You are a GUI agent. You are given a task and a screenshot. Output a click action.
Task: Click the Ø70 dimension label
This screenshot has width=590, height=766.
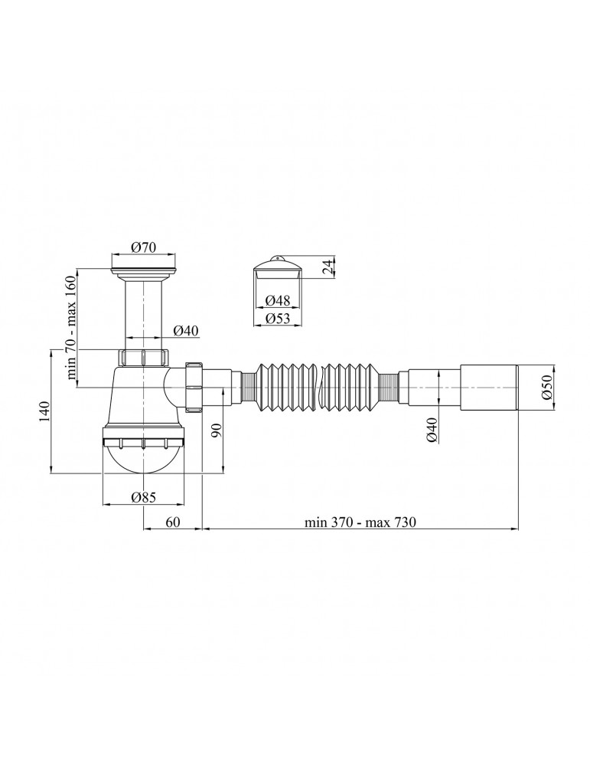pyautogui.click(x=144, y=247)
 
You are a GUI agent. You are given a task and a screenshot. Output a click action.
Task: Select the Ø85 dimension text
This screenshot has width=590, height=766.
pyautogui.click(x=143, y=497)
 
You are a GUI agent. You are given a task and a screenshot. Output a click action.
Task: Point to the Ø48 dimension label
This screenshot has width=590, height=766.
pyautogui.click(x=278, y=300)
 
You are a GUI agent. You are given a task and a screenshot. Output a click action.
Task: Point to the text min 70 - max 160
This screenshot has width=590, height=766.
pyautogui.click(x=70, y=327)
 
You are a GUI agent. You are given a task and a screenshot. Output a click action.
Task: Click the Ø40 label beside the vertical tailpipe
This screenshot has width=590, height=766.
pyautogui.click(x=187, y=330)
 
